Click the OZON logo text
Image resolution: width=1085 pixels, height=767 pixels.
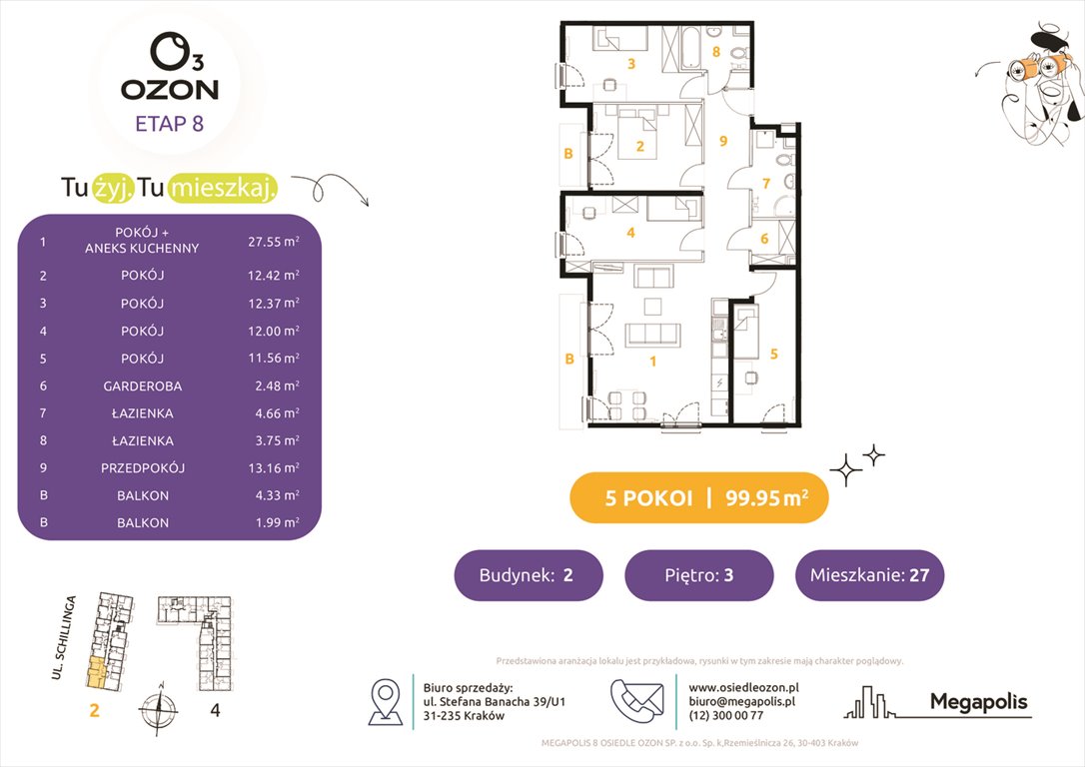[x=170, y=90]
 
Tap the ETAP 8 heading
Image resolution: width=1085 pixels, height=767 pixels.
[x=169, y=125]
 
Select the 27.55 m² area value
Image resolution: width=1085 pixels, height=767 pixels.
[x=274, y=241]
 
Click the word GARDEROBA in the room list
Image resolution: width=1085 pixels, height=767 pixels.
[x=147, y=385]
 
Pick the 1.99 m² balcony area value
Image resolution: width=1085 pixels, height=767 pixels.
[x=274, y=522]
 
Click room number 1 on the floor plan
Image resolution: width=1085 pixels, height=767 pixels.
[x=653, y=362]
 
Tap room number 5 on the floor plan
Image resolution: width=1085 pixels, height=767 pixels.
[x=775, y=353]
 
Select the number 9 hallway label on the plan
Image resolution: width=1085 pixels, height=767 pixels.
[x=723, y=141]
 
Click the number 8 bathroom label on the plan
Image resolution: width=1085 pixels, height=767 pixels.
[x=715, y=51]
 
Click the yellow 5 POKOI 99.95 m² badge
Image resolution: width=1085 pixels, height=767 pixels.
[x=698, y=498]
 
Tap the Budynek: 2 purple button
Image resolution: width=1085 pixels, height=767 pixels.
[x=529, y=575]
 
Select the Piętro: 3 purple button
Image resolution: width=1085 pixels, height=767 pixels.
[x=698, y=575]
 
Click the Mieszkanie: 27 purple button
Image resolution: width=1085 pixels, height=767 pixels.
[x=869, y=575]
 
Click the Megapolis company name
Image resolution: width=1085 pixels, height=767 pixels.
[x=978, y=702]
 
